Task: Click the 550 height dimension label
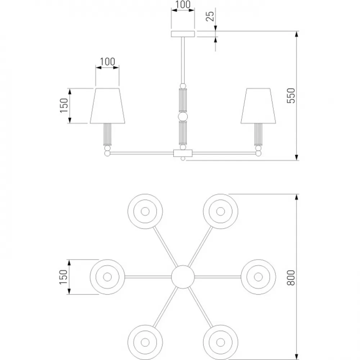coord(291,95)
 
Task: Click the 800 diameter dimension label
coord(291,278)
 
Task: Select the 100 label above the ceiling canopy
coord(183,4)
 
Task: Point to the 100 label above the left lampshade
coord(107,62)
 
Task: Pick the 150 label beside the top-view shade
coord(64,277)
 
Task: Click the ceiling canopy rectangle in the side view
coord(183,34)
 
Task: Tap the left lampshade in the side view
coord(107,105)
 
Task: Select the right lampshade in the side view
coord(258,105)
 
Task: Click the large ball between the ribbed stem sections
coord(183,116)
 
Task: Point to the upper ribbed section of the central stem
coord(183,100)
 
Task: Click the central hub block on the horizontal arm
coord(183,153)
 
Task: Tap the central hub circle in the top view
coord(183,277)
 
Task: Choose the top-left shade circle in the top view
coord(145,211)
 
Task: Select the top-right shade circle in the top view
coord(221,211)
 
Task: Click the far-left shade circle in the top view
coord(107,277)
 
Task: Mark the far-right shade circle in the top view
coord(258,277)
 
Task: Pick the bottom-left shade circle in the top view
coord(145,342)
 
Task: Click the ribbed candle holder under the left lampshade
coord(107,134)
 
